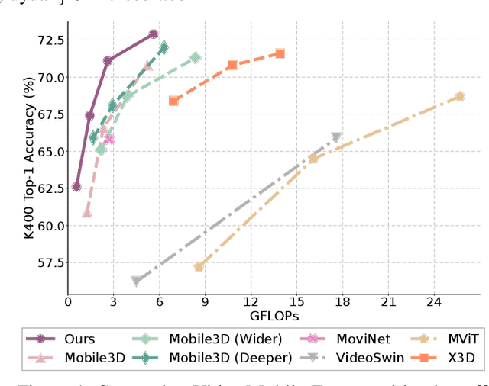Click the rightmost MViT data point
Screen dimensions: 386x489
coord(460,96)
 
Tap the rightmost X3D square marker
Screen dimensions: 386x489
coord(280,53)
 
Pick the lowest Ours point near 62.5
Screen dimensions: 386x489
coord(76,187)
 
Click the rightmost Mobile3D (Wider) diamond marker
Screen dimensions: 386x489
coord(196,58)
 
